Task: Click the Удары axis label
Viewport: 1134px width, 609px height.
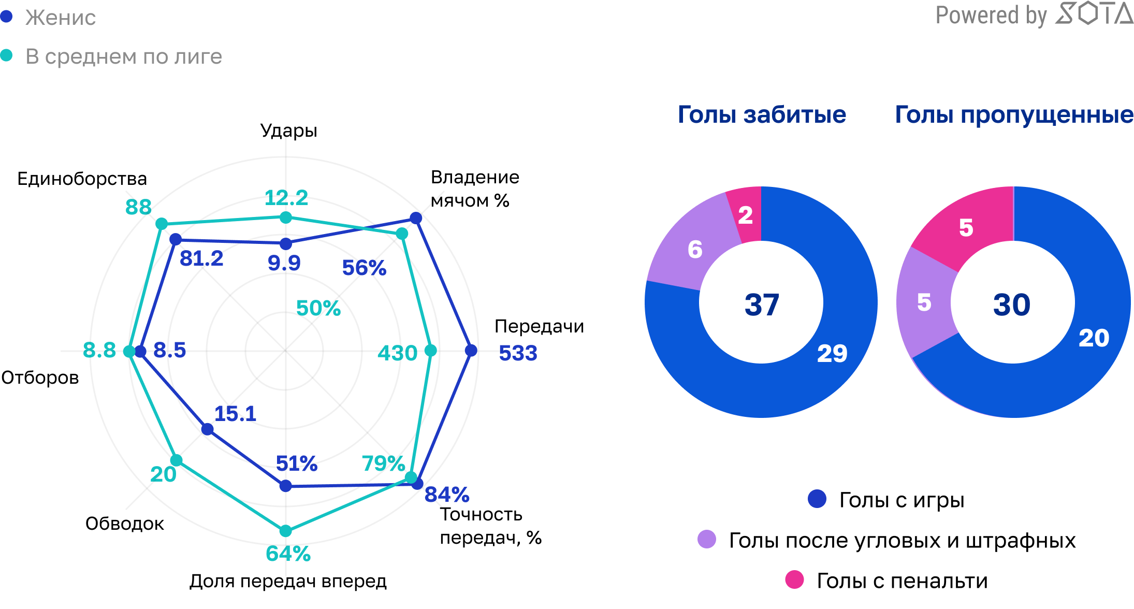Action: click(x=288, y=130)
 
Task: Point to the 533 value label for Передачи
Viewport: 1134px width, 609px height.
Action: click(x=518, y=353)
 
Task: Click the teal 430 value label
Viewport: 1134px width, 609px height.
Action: click(x=397, y=353)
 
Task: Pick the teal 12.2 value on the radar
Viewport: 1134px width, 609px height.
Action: click(x=286, y=198)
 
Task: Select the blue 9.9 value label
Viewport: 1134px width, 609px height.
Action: click(x=284, y=263)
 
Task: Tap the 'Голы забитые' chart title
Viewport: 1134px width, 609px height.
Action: click(x=762, y=114)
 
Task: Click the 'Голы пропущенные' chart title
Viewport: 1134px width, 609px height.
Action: click(x=1014, y=114)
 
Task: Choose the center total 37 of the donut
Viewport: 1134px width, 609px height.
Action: click(x=762, y=304)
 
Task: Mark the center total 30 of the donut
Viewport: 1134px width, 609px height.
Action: click(x=1012, y=304)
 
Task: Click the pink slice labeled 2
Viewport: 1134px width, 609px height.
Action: click(x=745, y=215)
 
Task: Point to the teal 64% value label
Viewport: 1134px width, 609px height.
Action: click(x=288, y=554)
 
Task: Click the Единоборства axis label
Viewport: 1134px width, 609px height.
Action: click(x=82, y=179)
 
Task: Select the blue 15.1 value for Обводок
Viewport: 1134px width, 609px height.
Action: click(x=235, y=414)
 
